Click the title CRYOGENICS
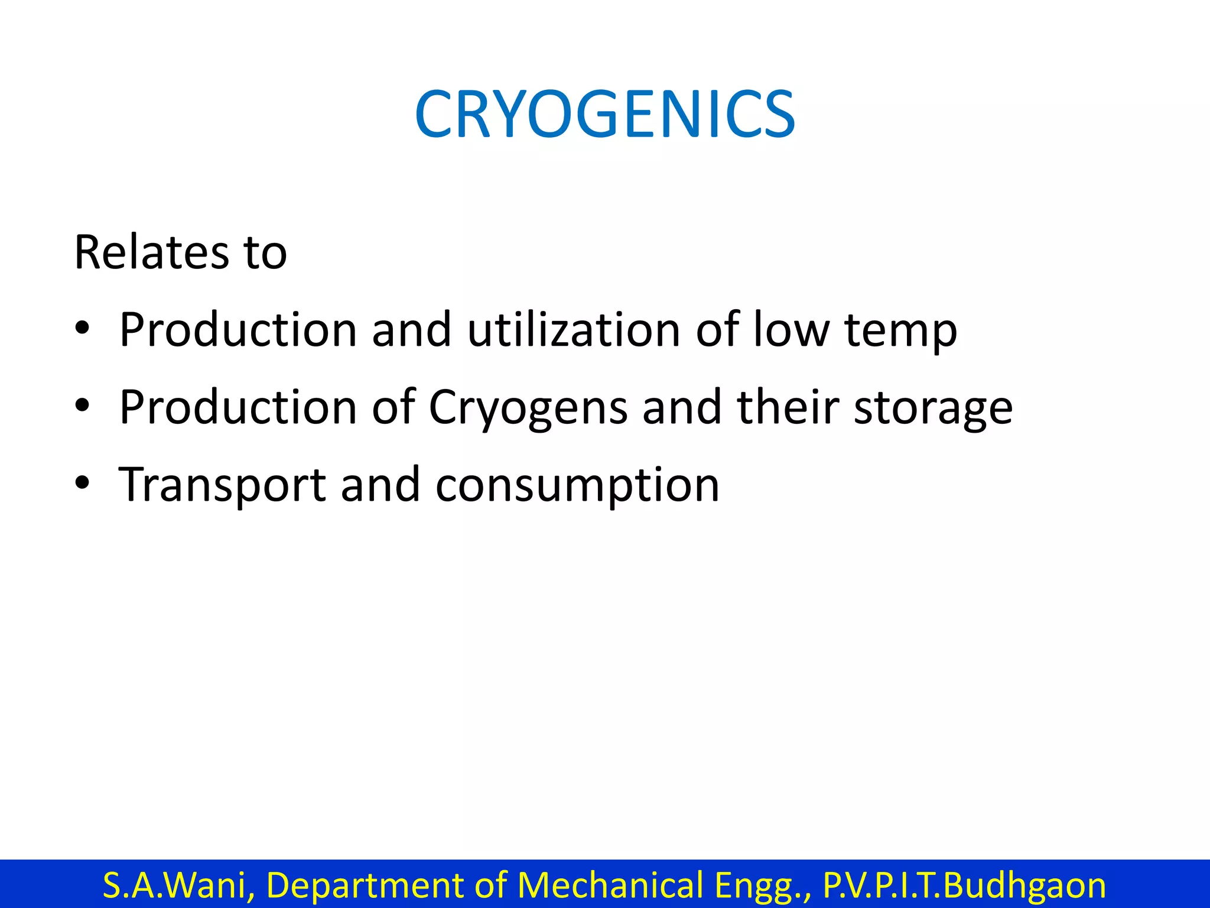tap(605, 115)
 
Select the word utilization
tap(574, 329)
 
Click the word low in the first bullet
tap(791, 329)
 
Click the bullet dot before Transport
tap(82, 483)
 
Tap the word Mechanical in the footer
tap(610, 885)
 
